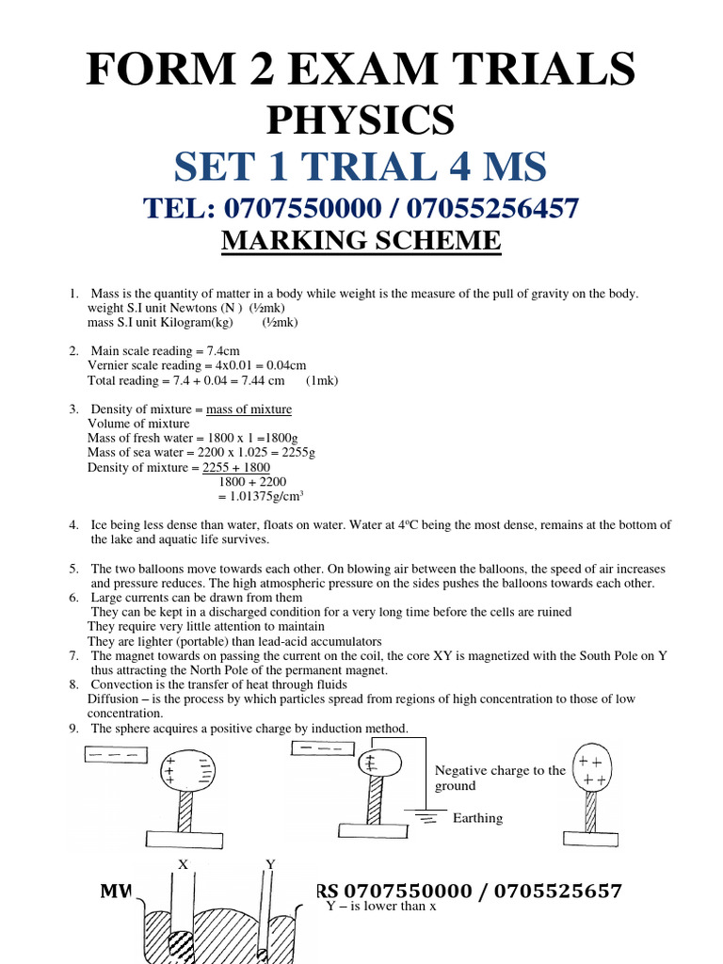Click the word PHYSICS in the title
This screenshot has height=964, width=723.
coord(361,120)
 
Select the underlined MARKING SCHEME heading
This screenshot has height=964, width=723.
coord(361,241)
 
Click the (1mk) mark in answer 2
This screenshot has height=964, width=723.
coord(323,381)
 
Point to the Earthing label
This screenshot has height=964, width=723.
coord(477,818)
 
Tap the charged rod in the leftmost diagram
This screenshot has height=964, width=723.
coord(114,756)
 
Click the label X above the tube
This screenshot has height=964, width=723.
coord(183,864)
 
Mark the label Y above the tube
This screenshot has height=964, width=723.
coord(270,864)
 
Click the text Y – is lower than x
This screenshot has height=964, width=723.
coord(381,907)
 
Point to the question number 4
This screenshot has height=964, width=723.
coord(73,525)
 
